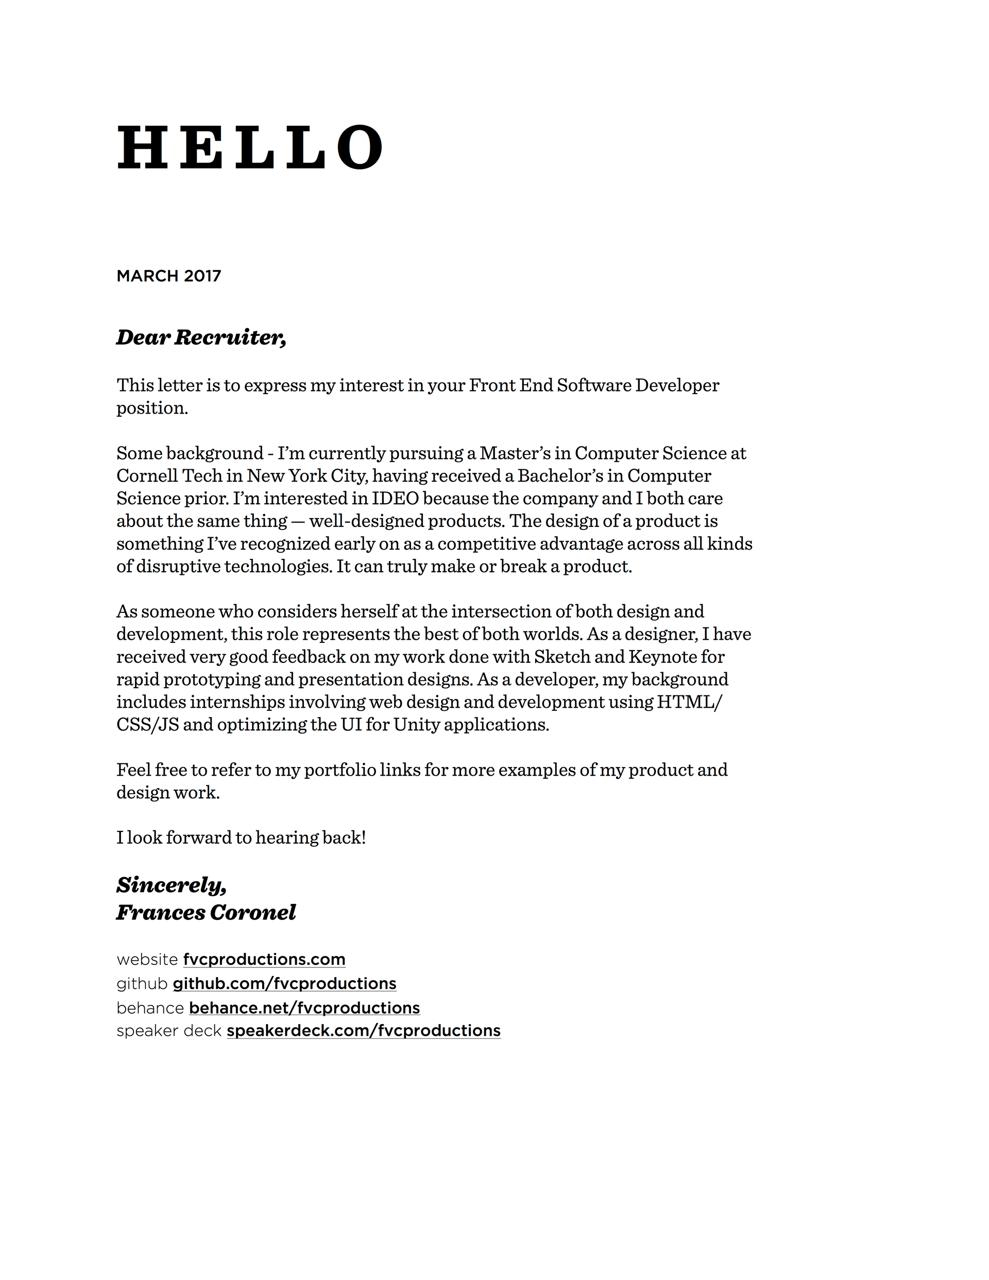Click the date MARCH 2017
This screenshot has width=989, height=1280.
pyautogui.click(x=169, y=276)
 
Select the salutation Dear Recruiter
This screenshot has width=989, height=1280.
pyautogui.click(x=201, y=337)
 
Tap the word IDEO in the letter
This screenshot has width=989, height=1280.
pyautogui.click(x=395, y=498)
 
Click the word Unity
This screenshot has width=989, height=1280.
pyautogui.click(x=416, y=724)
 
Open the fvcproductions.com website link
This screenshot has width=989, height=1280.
pyautogui.click(x=264, y=960)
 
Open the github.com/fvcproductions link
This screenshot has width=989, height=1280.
pyautogui.click(x=284, y=983)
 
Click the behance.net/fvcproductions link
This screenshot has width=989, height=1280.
pyautogui.click(x=304, y=1008)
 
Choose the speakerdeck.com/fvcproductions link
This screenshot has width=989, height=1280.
pyautogui.click(x=364, y=1031)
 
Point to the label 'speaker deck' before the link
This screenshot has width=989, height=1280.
pyautogui.click(x=169, y=1031)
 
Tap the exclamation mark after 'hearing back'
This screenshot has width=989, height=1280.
pyautogui.click(x=364, y=838)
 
